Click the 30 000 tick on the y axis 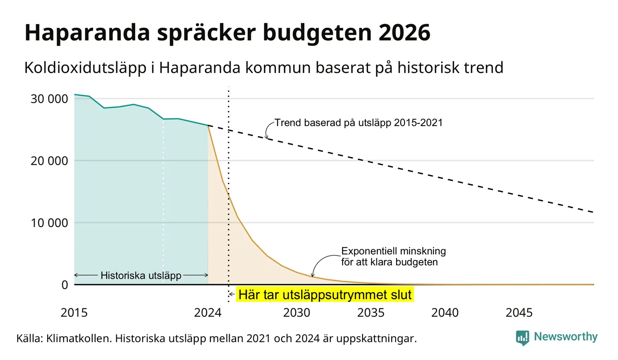(49, 99)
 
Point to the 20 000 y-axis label (49, 161)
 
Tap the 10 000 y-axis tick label (49, 223)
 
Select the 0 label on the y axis (65, 285)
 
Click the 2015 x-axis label (74, 313)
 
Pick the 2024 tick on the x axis (208, 313)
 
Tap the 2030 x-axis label (297, 313)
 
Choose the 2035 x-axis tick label (371, 313)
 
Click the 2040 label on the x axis (445, 313)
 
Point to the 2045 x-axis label (519, 313)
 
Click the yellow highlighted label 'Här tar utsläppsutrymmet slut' (325, 294)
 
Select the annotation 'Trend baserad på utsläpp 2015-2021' (358, 123)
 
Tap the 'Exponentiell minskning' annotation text (393, 251)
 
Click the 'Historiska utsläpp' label (141, 276)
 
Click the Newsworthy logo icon (523, 338)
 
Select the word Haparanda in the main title (87, 33)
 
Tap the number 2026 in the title (404, 33)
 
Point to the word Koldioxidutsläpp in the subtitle (85, 68)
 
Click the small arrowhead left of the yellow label (231, 294)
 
